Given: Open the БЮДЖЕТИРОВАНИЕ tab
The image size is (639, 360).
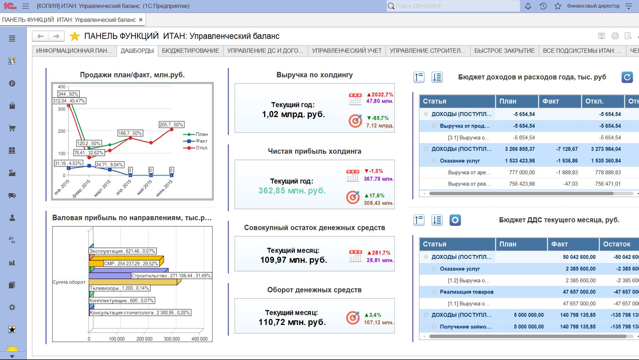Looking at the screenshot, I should tap(190, 51).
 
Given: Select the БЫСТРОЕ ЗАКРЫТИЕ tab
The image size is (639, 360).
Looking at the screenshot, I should tap(504, 51).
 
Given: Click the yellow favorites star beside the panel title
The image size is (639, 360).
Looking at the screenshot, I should tap(75, 36).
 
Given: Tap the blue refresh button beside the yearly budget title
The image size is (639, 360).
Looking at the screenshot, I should tap(627, 77).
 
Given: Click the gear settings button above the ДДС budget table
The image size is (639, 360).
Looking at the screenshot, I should tap(455, 220).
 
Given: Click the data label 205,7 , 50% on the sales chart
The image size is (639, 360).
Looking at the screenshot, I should tap(171, 125).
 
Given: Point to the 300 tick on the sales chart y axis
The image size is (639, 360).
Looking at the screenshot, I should tap(61, 109).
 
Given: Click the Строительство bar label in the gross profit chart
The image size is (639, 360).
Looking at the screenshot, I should tap(171, 276).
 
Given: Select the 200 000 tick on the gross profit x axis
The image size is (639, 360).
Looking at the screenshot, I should tap(144, 339).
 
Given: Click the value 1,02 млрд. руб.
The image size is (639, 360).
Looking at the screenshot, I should tap(294, 114).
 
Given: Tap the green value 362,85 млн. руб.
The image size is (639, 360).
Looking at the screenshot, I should tap(292, 191).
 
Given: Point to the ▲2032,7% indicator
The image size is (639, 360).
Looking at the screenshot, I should tap(380, 95).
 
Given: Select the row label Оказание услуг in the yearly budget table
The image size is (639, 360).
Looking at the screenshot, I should tap(460, 161).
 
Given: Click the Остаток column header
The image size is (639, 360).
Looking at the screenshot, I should tap(617, 244).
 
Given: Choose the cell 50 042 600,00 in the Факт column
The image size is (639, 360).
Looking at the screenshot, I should tap(579, 257).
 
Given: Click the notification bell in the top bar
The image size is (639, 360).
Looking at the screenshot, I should tap(528, 6).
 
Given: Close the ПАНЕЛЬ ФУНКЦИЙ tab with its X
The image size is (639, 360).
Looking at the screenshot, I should tap(141, 20).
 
